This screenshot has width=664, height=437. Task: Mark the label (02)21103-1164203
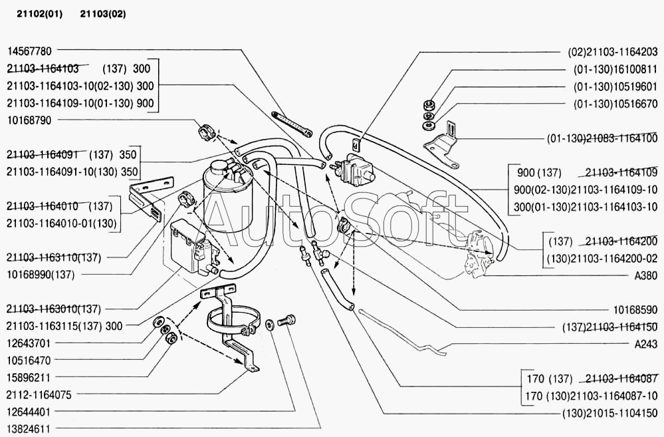click(612, 51)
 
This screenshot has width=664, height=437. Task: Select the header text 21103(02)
click(102, 13)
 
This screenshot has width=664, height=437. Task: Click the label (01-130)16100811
click(615, 68)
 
